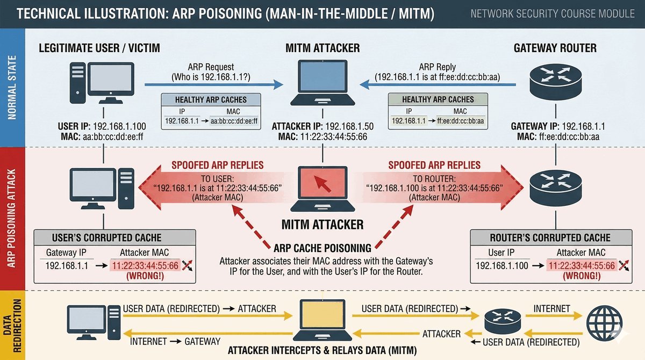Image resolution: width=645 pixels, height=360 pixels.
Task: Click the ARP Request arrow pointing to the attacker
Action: pyautogui.click(x=215, y=84)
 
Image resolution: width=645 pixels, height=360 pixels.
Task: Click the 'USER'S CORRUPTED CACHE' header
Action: pyautogui.click(x=106, y=237)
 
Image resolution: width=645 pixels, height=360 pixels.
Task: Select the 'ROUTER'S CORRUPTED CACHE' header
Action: pyautogui.click(x=550, y=237)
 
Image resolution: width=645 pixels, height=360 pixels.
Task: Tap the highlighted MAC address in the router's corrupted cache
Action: pyautogui.click(x=580, y=265)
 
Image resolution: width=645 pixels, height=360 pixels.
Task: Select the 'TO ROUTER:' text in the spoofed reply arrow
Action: pyautogui.click(x=434, y=178)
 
